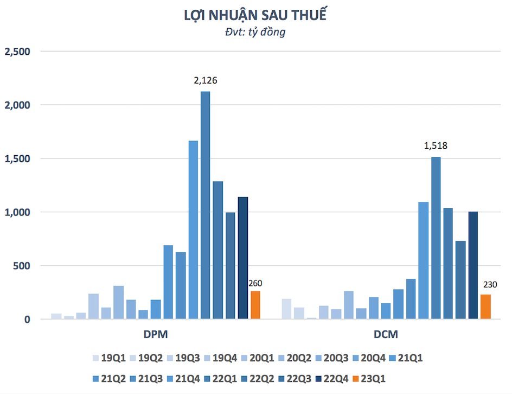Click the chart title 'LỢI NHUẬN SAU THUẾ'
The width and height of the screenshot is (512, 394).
pyautogui.click(x=255, y=15)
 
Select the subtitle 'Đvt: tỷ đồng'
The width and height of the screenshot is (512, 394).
pyautogui.click(x=255, y=32)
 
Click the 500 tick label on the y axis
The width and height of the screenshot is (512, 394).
pyautogui.click(x=23, y=266)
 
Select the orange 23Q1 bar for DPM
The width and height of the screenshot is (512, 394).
pyautogui.click(x=255, y=305)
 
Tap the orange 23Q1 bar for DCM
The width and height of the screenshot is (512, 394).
pyautogui.click(x=485, y=307)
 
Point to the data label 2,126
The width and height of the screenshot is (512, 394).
pyautogui.click(x=206, y=81)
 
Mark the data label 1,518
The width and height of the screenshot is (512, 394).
pyautogui.click(x=436, y=146)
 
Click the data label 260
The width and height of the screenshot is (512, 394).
pyautogui.click(x=255, y=283)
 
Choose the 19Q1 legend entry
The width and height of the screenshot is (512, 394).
pyautogui.click(x=108, y=358)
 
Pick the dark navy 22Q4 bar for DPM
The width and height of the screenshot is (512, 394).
pyautogui.click(x=242, y=258)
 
